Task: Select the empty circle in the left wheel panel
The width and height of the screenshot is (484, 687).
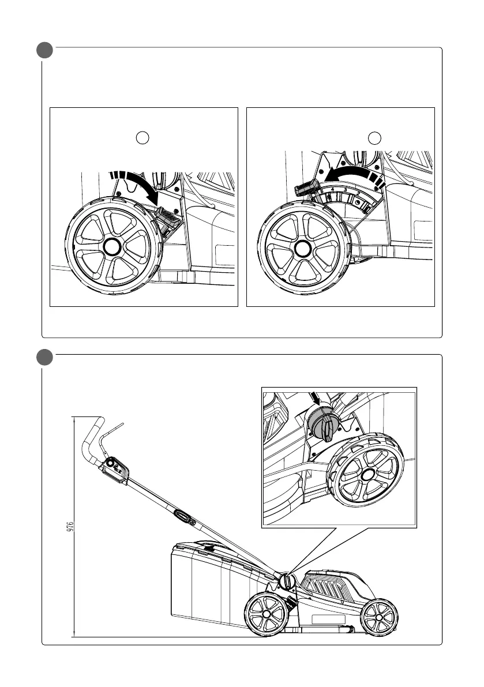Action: [x=144, y=137]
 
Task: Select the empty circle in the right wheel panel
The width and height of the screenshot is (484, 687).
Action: [x=376, y=137]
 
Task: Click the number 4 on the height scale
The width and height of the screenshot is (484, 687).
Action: [x=333, y=189]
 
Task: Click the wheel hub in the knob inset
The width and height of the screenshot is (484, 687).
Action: [x=366, y=474]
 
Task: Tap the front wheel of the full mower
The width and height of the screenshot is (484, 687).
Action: [x=378, y=618]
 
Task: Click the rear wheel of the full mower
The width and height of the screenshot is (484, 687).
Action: [x=266, y=615]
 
